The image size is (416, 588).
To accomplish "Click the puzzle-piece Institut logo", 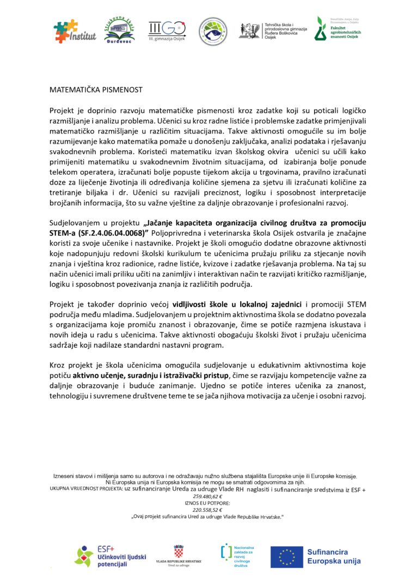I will pyautogui.click(x=75, y=32).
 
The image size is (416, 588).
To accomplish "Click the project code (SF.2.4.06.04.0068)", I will pyautogui.click(x=113, y=232).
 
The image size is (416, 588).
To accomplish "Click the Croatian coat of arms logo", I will pyautogui.click(x=179, y=551).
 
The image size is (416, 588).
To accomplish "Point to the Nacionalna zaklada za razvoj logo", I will pyautogui.click(x=237, y=555).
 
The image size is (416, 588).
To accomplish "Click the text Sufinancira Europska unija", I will pyautogui.click(x=333, y=556).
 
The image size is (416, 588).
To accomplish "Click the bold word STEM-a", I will pyautogui.click(x=64, y=232).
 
